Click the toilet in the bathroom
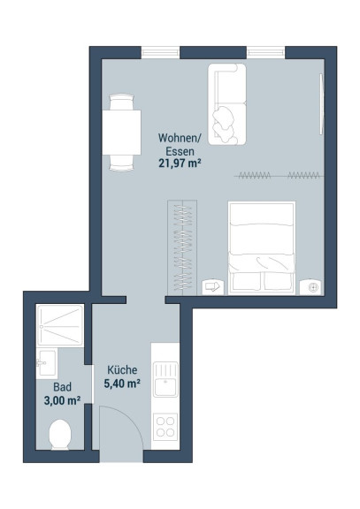(60, 435)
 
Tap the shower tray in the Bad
(60, 325)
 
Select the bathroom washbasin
(47, 363)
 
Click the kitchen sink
(165, 379)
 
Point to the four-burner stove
(165, 427)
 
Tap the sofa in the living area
(227, 104)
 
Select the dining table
(121, 133)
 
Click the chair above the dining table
(121, 102)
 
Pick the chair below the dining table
(121, 163)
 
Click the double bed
(262, 248)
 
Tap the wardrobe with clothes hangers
(182, 247)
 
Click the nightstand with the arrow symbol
(213, 287)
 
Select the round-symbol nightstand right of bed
(311, 287)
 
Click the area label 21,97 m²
(179, 163)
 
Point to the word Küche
(122, 369)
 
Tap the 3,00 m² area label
(62, 400)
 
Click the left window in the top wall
(160, 53)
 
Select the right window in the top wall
(265, 53)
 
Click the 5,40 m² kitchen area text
(122, 384)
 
